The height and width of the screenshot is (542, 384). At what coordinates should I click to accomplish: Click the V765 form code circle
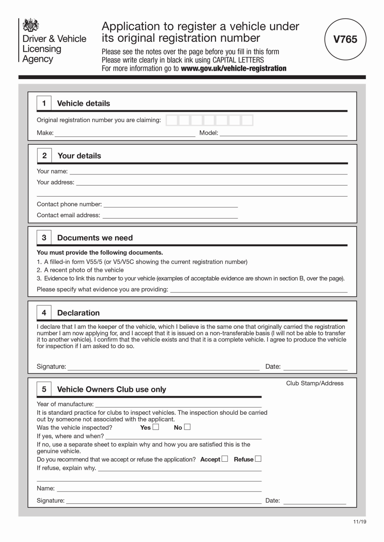[345, 39]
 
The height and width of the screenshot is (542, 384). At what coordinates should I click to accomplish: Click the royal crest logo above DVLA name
[30, 25]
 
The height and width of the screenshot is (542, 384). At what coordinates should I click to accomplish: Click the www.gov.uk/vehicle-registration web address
[233, 68]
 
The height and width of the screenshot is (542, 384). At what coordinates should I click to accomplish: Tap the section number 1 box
[44, 103]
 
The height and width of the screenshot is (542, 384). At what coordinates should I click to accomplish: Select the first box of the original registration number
[172, 120]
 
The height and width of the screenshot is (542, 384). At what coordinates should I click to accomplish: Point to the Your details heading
[79, 156]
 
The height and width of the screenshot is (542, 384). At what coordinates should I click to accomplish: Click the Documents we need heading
[95, 238]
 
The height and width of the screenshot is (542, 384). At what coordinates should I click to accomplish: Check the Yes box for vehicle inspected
[156, 427]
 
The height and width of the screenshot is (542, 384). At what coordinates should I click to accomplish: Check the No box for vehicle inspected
[187, 427]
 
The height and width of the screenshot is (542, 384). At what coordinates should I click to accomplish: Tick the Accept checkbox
[225, 459]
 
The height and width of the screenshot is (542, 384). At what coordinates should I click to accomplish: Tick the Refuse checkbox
[258, 459]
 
